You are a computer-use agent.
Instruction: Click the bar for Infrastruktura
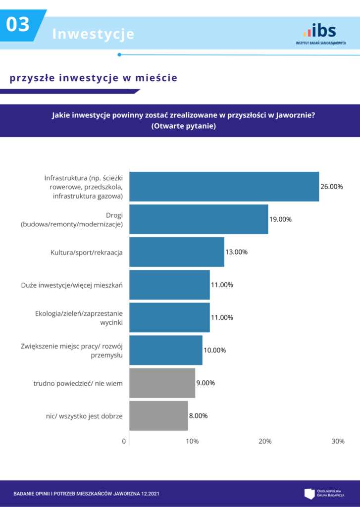coord(224,187)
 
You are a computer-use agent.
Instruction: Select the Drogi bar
coord(199,219)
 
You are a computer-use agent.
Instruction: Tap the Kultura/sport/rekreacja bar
coord(177,252)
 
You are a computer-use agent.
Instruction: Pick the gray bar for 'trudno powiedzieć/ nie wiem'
coord(162,383)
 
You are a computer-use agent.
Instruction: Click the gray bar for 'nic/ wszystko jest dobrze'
coord(158,415)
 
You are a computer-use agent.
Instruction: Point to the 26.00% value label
coord(332,187)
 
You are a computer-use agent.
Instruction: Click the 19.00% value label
coord(280,219)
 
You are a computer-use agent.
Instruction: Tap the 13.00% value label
coord(236,252)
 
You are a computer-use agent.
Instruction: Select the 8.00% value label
coord(198,415)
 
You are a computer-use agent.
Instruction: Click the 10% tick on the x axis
coord(192,441)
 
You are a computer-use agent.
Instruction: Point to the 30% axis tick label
coord(338,441)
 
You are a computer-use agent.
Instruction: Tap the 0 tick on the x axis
coord(124,441)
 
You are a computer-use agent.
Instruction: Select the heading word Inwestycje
coord(93,34)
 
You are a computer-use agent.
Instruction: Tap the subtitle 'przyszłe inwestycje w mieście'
coord(93,78)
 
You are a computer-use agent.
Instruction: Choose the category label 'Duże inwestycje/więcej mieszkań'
coord(72,285)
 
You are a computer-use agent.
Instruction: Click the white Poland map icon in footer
coord(309,494)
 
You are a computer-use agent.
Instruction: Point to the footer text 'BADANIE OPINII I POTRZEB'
coord(54,494)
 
